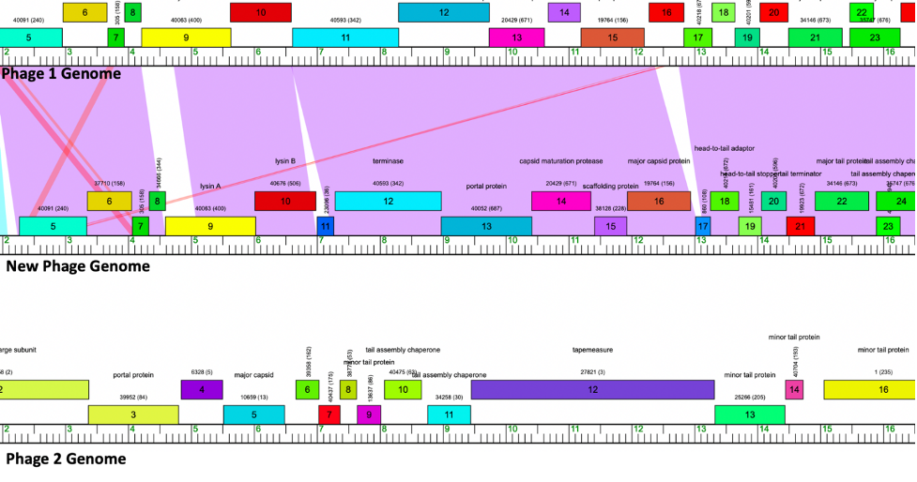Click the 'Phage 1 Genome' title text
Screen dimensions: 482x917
click(62, 73)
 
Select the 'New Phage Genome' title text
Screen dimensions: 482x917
click(78, 266)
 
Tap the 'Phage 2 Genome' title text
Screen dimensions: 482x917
click(66, 459)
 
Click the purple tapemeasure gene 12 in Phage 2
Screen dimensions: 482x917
click(591, 389)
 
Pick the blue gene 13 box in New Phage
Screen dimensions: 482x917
click(486, 226)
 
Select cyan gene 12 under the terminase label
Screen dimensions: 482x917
click(388, 201)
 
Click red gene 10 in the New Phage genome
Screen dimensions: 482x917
click(285, 201)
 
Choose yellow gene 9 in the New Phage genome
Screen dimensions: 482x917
click(210, 226)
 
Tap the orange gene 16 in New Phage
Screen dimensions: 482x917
click(659, 201)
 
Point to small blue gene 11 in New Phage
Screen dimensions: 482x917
click(326, 226)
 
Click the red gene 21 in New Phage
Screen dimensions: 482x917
click(801, 226)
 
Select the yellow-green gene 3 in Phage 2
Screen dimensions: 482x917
click(133, 414)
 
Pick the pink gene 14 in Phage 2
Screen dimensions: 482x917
click(794, 389)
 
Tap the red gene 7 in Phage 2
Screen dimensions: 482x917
click(329, 414)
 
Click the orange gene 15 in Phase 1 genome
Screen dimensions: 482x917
click(612, 38)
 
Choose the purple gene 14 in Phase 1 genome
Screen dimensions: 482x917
click(564, 12)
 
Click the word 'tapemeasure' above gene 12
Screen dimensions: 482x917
click(592, 350)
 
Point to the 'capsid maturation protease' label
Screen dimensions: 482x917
click(561, 161)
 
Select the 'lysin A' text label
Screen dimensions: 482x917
click(210, 186)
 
